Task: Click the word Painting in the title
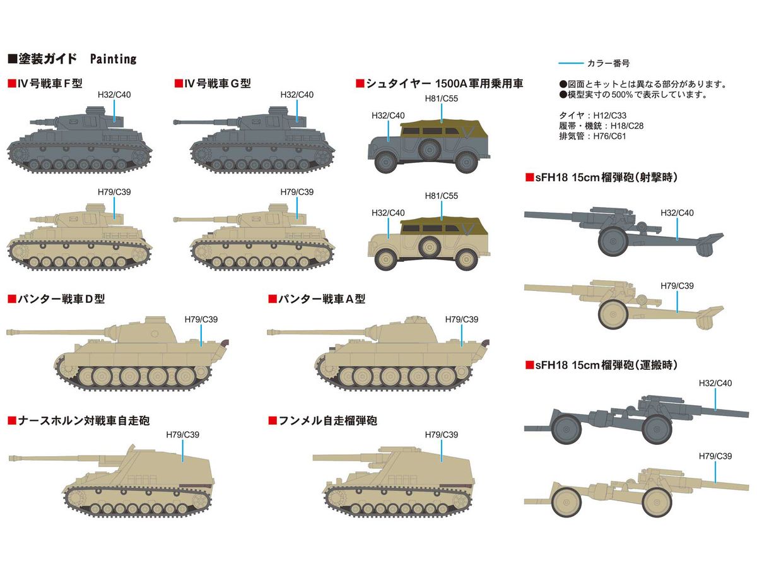pyautogui.click(x=113, y=59)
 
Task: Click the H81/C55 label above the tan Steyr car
pyautogui.click(x=441, y=196)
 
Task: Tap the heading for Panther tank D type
pyautogui.click(x=61, y=299)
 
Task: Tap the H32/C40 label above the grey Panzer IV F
pyautogui.click(x=114, y=94)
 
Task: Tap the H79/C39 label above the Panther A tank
pyautogui.click(x=462, y=319)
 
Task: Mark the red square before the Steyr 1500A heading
pyautogui.click(x=360, y=83)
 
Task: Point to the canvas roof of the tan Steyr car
pyautogui.click(x=442, y=224)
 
